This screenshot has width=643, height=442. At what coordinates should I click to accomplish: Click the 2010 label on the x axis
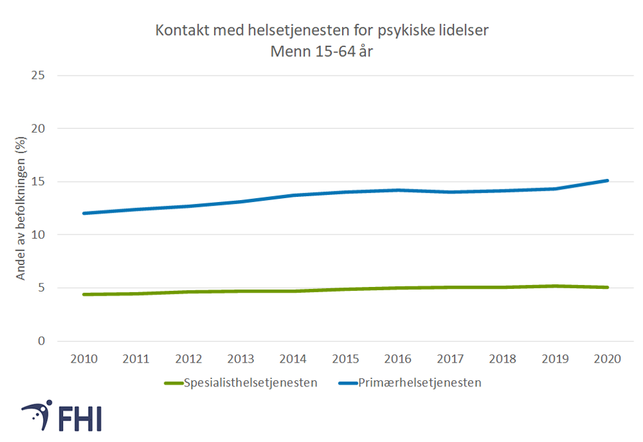pos(84,359)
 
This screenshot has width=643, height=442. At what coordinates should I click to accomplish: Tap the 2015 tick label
pos(345,359)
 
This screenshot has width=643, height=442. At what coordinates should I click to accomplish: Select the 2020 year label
pos(607,359)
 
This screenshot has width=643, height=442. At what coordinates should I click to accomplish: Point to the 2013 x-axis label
pos(241,359)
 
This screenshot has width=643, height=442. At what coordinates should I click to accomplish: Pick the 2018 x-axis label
pos(502,359)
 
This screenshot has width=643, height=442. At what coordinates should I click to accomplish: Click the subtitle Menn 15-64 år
pos(321,50)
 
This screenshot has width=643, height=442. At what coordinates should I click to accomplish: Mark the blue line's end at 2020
pos(607,180)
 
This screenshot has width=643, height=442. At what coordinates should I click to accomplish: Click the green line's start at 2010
pos(84,294)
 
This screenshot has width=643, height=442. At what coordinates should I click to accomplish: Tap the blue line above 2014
pos(294,195)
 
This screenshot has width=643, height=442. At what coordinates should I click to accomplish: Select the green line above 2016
pos(398,288)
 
